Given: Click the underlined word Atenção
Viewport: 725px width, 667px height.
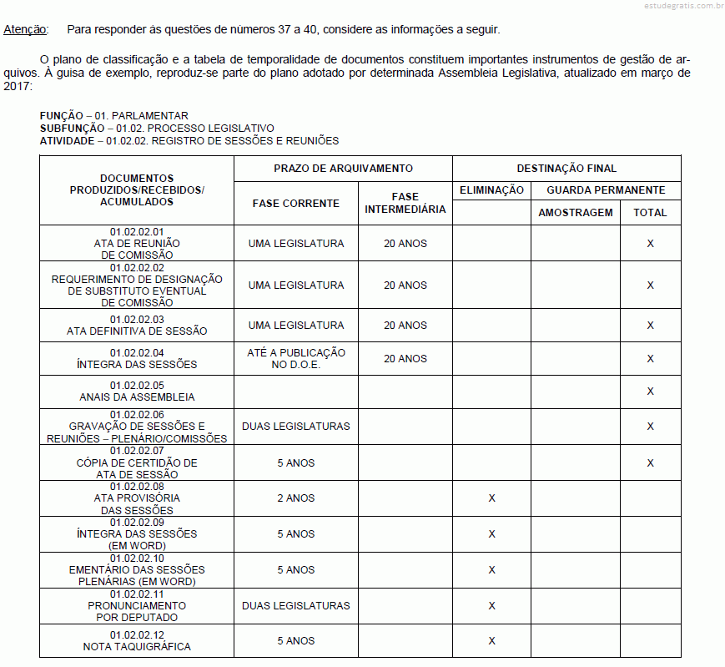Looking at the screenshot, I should (25, 29).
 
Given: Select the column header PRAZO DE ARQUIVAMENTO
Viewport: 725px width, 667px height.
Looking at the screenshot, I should (343, 169).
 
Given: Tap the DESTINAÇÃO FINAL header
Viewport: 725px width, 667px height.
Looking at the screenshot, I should (566, 169).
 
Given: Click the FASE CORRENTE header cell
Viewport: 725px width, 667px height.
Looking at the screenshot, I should (296, 203).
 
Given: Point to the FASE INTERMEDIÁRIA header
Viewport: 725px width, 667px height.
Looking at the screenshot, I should (405, 203).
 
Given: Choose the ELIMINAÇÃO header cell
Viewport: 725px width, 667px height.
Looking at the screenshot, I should (491, 190).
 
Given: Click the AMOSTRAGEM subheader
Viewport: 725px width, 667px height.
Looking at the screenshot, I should (575, 213).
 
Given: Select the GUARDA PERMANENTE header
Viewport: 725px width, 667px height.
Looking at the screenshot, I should (606, 190).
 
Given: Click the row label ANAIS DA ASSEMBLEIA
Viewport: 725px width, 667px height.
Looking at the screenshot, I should (137, 397).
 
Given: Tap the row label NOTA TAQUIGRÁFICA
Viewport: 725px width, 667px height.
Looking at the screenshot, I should (137, 647).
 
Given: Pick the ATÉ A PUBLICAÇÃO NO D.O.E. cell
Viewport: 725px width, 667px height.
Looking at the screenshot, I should (296, 359).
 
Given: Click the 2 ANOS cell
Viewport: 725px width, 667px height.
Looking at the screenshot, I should (296, 498).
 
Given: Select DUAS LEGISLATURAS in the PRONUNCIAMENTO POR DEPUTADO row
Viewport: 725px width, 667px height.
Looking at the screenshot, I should (296, 605).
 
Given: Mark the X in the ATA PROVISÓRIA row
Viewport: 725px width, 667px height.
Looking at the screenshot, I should (491, 498).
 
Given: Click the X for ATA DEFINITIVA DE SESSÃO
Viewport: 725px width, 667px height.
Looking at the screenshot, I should (650, 326).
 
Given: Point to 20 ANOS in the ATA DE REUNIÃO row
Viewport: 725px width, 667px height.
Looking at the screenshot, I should (405, 244).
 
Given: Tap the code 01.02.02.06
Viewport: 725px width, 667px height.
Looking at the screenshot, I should (137, 415).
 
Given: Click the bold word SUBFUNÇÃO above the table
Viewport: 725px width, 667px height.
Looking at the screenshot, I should (72, 129).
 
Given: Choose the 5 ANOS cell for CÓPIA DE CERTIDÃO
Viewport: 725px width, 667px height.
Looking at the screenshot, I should (296, 462).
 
